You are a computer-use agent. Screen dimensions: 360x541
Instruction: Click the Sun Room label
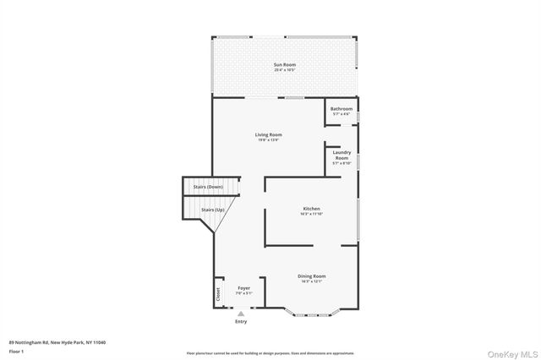click(283, 65)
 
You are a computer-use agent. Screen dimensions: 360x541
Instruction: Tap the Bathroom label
click(341, 108)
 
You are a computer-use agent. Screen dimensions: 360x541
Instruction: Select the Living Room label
click(269, 134)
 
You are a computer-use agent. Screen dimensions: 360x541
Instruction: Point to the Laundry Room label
click(341, 155)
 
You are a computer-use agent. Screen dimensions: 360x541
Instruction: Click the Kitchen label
click(312, 209)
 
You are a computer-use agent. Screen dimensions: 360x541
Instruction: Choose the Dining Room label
click(311, 276)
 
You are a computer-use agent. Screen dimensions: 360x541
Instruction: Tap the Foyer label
click(243, 288)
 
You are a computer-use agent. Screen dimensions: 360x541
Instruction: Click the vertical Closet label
click(217, 293)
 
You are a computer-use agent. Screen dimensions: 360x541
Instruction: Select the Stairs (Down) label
click(208, 187)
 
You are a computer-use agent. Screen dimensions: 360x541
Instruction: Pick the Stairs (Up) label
click(212, 210)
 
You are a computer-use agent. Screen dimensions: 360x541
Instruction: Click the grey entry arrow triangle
click(241, 314)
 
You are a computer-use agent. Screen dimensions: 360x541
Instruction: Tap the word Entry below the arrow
click(241, 322)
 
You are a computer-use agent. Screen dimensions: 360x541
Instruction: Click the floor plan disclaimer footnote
click(270, 353)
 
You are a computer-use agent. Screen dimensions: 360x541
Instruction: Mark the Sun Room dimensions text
click(283, 70)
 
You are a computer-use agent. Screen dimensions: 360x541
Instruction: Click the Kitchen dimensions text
click(311, 214)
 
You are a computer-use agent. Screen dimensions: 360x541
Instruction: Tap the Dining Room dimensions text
click(311, 281)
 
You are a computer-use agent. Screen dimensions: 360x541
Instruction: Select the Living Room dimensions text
click(269, 139)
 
